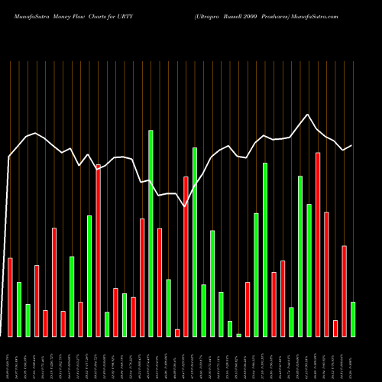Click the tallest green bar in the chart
click(151, 233)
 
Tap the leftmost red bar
click(10, 297)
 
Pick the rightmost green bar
click(353, 319)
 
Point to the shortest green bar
click(238, 335)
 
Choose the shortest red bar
click(177, 332)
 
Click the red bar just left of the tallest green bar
click(142, 277)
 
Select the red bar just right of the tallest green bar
click(160, 282)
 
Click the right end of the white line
click(351, 145)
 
